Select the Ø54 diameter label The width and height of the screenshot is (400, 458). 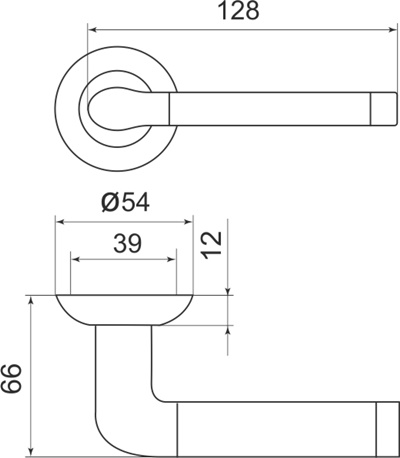(x=125, y=203)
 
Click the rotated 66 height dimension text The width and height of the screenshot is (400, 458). (x=13, y=381)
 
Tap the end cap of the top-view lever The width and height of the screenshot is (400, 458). (x=385, y=107)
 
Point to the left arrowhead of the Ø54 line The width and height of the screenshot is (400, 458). (x=60, y=220)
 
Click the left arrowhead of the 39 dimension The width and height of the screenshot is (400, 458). (x=75, y=261)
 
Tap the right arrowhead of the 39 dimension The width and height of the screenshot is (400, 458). (x=173, y=261)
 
